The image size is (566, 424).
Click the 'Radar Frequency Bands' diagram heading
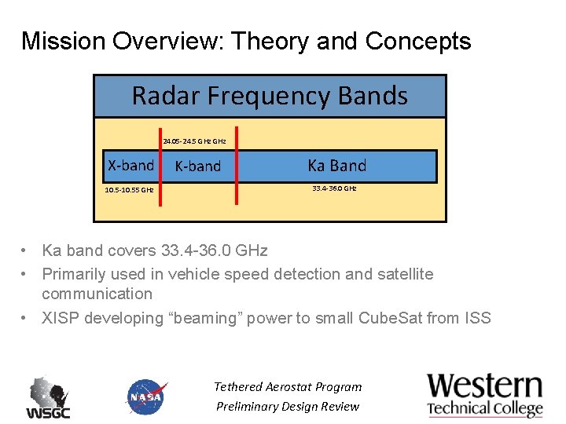pos(270,96)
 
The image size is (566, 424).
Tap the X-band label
pos(130,165)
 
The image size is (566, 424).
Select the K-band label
pos(197,166)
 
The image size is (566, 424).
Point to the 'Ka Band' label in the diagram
pos(336,165)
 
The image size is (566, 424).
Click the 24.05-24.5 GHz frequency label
pos(194,141)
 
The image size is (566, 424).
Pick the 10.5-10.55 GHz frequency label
pos(129,190)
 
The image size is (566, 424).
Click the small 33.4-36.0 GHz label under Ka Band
pos(334,188)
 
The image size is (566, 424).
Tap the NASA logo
pos(146,397)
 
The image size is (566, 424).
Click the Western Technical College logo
pos(484,395)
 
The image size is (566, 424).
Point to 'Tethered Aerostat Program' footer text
pos(288,386)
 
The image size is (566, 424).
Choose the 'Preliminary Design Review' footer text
pos(288,406)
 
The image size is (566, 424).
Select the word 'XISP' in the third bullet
pos(61,318)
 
